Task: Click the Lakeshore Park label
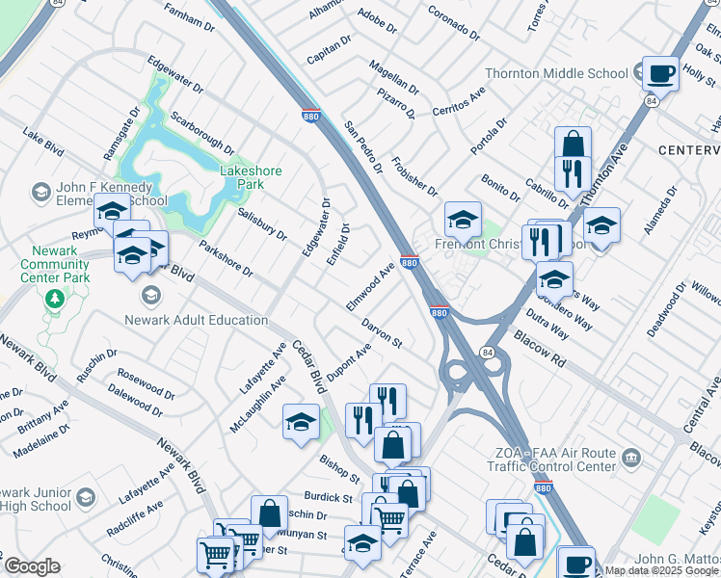251,177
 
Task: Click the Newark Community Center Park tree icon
54,298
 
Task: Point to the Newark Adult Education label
197,320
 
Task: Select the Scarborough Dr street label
201,132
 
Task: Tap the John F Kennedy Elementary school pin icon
41,194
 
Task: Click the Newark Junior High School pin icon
86,497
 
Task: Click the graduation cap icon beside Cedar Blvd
301,421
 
